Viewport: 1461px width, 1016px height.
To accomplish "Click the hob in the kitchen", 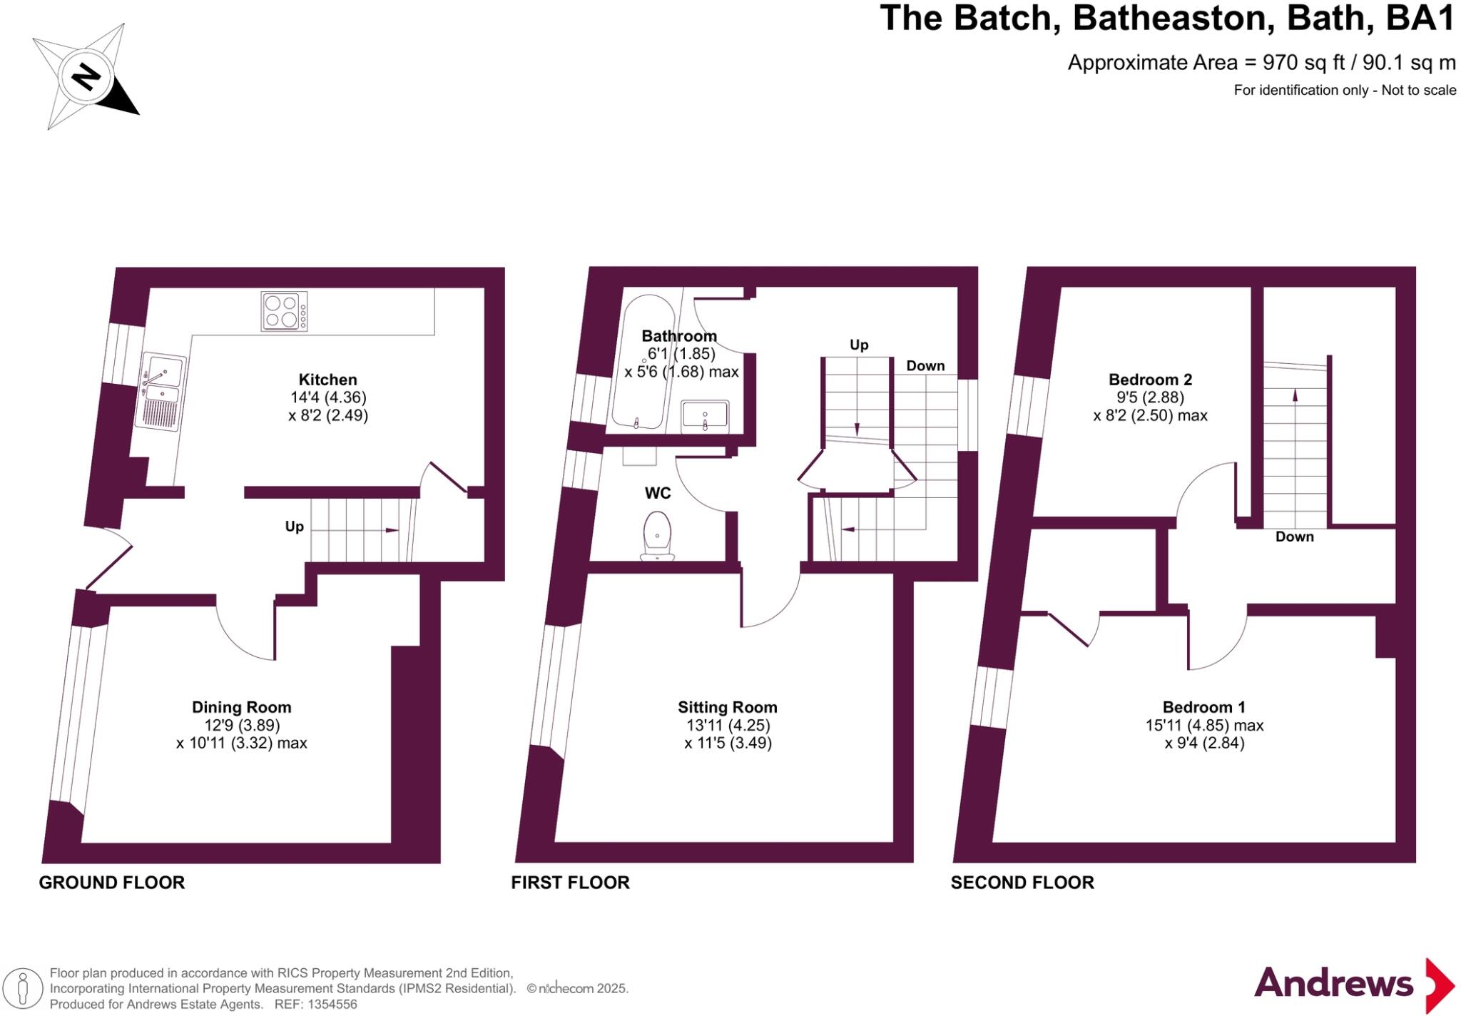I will click(x=284, y=312).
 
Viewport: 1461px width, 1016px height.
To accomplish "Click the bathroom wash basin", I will click(x=705, y=417).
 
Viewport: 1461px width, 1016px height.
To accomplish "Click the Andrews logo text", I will click(x=1333, y=983).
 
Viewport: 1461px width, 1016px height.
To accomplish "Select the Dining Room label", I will click(x=241, y=707).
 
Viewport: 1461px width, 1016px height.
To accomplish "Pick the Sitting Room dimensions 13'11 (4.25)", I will click(x=727, y=725).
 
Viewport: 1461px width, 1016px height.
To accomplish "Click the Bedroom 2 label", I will click(x=1150, y=380).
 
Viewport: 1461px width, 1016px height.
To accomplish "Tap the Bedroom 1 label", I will click(x=1203, y=707).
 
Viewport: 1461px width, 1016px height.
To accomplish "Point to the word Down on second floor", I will click(x=1294, y=537).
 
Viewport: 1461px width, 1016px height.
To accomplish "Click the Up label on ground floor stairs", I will click(x=294, y=527).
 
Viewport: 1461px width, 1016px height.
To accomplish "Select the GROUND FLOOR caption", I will click(x=112, y=883).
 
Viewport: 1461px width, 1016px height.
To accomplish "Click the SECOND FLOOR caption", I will click(x=1022, y=883).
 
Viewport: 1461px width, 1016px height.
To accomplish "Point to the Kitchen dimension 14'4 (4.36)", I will click(x=327, y=397).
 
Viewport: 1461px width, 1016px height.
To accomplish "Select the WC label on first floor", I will click(x=657, y=493).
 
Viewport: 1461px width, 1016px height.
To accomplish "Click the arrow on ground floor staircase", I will click(x=392, y=530).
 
